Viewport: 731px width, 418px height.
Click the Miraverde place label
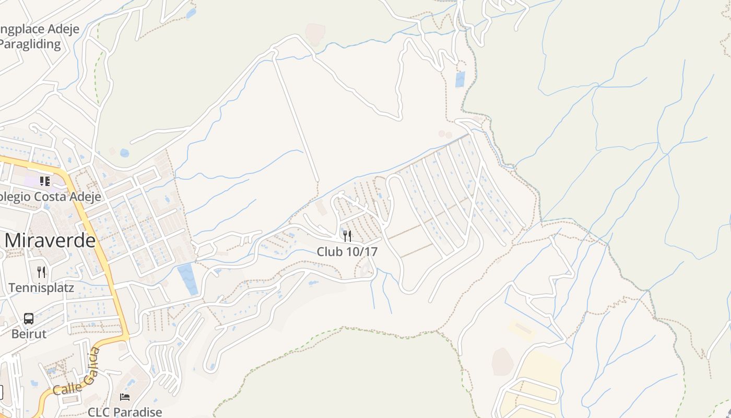tap(51, 240)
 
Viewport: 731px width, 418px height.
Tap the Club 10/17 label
tap(347, 251)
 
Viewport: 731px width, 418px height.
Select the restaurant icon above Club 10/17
tap(347, 236)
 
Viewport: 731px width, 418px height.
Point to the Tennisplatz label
tap(41, 287)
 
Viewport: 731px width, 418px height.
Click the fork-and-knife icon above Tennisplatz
tap(41, 272)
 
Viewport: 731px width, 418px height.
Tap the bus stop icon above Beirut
tap(29, 318)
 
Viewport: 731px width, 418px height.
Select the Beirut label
tap(29, 333)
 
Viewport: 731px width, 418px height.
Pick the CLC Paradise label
tap(125, 412)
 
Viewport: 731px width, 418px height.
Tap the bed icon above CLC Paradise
tap(125, 397)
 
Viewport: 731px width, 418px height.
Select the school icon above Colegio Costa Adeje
tap(45, 181)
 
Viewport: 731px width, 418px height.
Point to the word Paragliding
tap(30, 44)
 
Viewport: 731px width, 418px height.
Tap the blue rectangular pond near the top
tap(460, 79)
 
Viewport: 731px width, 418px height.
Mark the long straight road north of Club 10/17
tap(296, 120)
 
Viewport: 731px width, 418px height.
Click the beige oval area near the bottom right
tap(502, 361)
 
